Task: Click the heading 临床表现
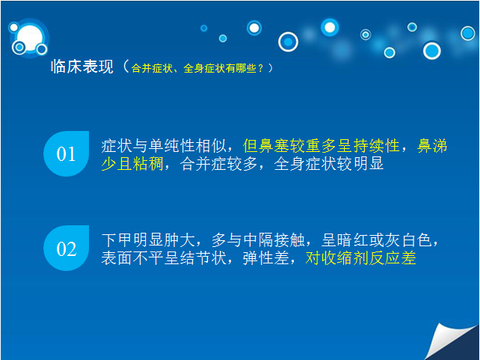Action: click(x=82, y=67)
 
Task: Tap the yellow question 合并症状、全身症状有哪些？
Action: click(x=197, y=68)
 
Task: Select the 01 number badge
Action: click(x=66, y=153)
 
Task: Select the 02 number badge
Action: click(x=66, y=248)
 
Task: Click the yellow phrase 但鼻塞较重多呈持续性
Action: click(x=321, y=146)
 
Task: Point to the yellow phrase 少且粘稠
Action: click(x=132, y=164)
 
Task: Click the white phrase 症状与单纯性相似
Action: click(x=164, y=146)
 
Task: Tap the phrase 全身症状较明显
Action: click(x=329, y=164)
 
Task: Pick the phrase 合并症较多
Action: click(x=218, y=164)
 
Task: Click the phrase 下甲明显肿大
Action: click(x=148, y=240)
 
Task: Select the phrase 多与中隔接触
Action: click(x=258, y=240)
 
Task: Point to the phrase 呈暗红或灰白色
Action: click(x=376, y=240)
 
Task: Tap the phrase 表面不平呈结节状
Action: click(x=164, y=258)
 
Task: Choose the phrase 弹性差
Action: click(x=265, y=258)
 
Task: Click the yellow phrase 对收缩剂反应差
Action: click(x=360, y=258)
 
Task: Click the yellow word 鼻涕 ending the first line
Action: click(x=432, y=146)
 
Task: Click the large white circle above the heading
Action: click(x=30, y=37)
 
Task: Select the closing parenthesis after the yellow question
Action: click(x=271, y=68)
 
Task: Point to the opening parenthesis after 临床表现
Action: click(x=126, y=67)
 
